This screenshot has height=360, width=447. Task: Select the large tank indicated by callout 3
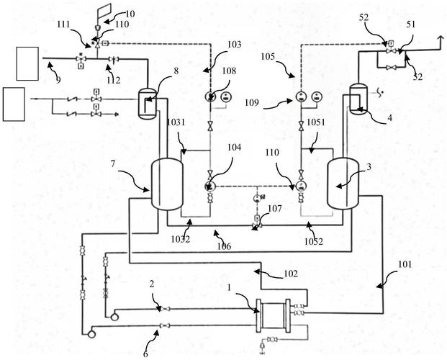pos(343,184)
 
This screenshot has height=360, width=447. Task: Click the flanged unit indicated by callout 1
pos(274,315)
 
